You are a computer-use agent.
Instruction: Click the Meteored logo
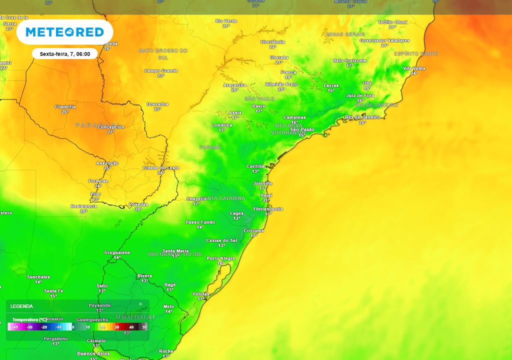[64, 32]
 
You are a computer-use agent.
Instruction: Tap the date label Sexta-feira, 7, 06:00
[65, 54]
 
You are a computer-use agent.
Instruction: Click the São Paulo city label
[302, 129]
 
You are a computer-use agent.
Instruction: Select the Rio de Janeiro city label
[362, 117]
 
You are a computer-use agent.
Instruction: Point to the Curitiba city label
[255, 166]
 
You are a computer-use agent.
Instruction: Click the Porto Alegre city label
[221, 258]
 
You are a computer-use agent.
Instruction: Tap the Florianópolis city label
[268, 208]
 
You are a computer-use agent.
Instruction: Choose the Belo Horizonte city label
[350, 60]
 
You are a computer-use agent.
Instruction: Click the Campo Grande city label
[161, 70]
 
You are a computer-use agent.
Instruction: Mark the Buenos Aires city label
[93, 353]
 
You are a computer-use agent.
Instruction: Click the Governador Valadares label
[384, 40]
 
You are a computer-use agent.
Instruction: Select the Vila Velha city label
[414, 68]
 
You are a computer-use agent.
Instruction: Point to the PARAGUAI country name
[98, 124]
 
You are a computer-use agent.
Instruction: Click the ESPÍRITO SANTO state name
[416, 53]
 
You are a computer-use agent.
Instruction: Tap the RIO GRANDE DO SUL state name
[175, 254]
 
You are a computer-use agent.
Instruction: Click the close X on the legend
[140, 304]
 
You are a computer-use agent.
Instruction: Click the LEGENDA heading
[21, 306]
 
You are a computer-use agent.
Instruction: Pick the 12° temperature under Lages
[236, 218]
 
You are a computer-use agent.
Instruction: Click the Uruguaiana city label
[117, 252]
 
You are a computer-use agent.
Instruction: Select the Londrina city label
[221, 124]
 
